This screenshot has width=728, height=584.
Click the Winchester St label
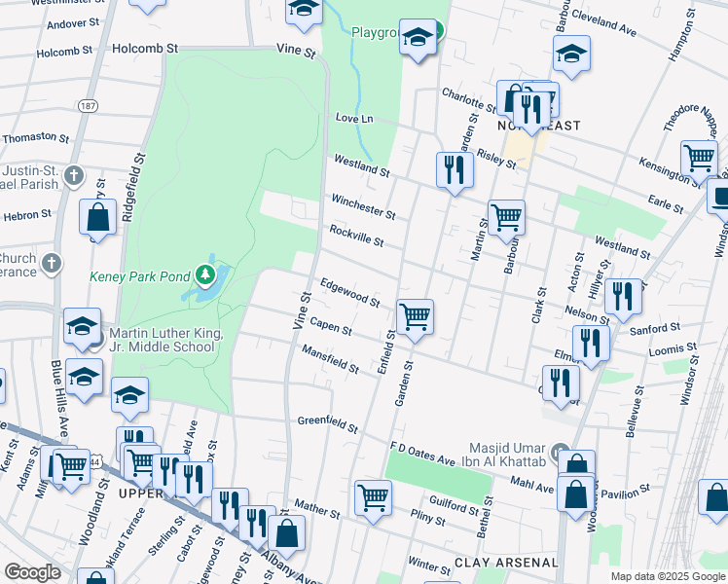click(363, 205)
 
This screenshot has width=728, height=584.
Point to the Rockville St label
click(356, 235)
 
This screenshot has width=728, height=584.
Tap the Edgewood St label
click(349, 294)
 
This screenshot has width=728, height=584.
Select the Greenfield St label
click(328, 424)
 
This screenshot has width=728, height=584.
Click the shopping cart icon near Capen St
click(416, 315)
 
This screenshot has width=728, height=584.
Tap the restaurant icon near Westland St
click(455, 170)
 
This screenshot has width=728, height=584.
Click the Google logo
click(32, 572)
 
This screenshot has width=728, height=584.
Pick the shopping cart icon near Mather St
click(373, 496)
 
